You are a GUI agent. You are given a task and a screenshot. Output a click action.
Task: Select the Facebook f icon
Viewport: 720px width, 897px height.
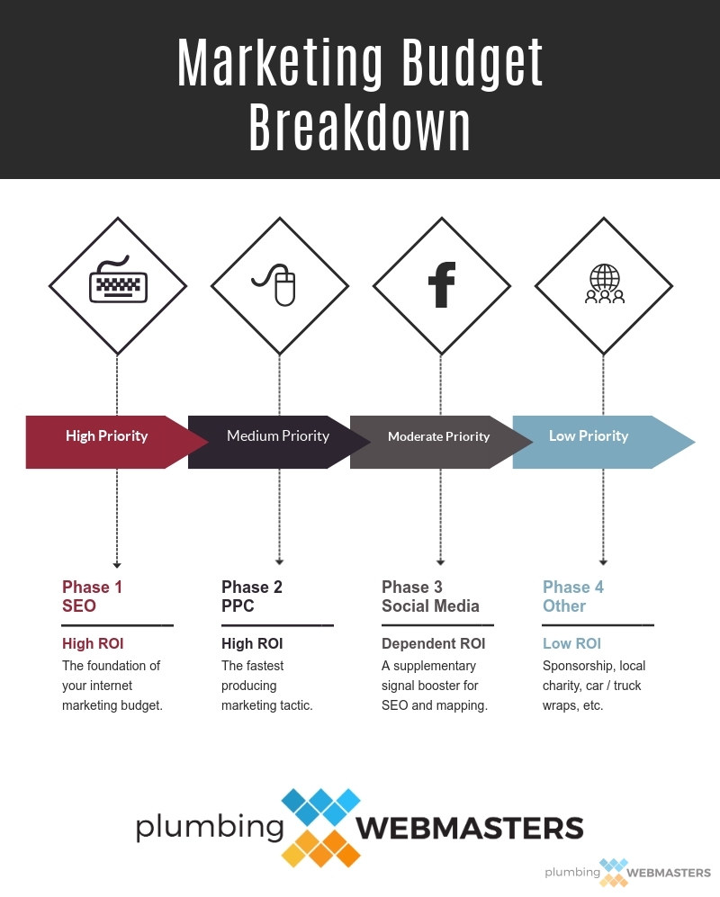point(442,284)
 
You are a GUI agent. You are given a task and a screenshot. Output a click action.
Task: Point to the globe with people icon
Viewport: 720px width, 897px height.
point(605,283)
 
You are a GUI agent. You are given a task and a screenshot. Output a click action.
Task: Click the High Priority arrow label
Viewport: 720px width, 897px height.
point(106,436)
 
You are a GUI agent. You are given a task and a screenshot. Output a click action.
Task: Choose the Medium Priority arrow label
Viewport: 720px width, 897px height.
point(278,436)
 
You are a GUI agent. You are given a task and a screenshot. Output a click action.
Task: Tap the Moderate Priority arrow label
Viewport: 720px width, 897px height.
point(439,436)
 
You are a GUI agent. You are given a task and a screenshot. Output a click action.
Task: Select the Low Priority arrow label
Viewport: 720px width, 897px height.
point(589,436)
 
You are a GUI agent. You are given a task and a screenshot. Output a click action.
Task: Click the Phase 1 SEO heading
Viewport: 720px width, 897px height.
point(92,597)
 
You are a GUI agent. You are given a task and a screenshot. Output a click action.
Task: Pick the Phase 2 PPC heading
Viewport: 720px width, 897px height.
point(252,597)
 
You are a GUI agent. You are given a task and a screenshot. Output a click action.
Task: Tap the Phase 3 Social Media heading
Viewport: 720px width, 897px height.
point(430,597)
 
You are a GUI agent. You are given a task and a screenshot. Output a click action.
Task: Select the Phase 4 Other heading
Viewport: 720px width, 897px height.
point(573,597)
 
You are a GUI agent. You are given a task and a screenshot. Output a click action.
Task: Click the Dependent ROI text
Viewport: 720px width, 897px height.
point(433,643)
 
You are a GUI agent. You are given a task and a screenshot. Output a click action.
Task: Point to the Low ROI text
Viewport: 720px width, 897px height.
point(571,643)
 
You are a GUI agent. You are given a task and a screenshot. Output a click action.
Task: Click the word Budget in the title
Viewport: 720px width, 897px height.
point(472,64)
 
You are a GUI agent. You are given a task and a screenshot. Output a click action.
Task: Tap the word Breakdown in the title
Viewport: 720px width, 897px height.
point(360,127)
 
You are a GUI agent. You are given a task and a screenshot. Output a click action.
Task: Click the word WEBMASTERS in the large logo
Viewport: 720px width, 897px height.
point(470,828)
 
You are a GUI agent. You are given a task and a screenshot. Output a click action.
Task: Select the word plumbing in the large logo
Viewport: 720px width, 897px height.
point(210,828)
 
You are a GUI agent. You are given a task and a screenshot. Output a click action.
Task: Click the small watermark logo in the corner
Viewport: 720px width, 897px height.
point(627,873)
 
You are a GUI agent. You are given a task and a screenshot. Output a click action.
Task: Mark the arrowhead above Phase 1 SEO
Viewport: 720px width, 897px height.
point(117,565)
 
